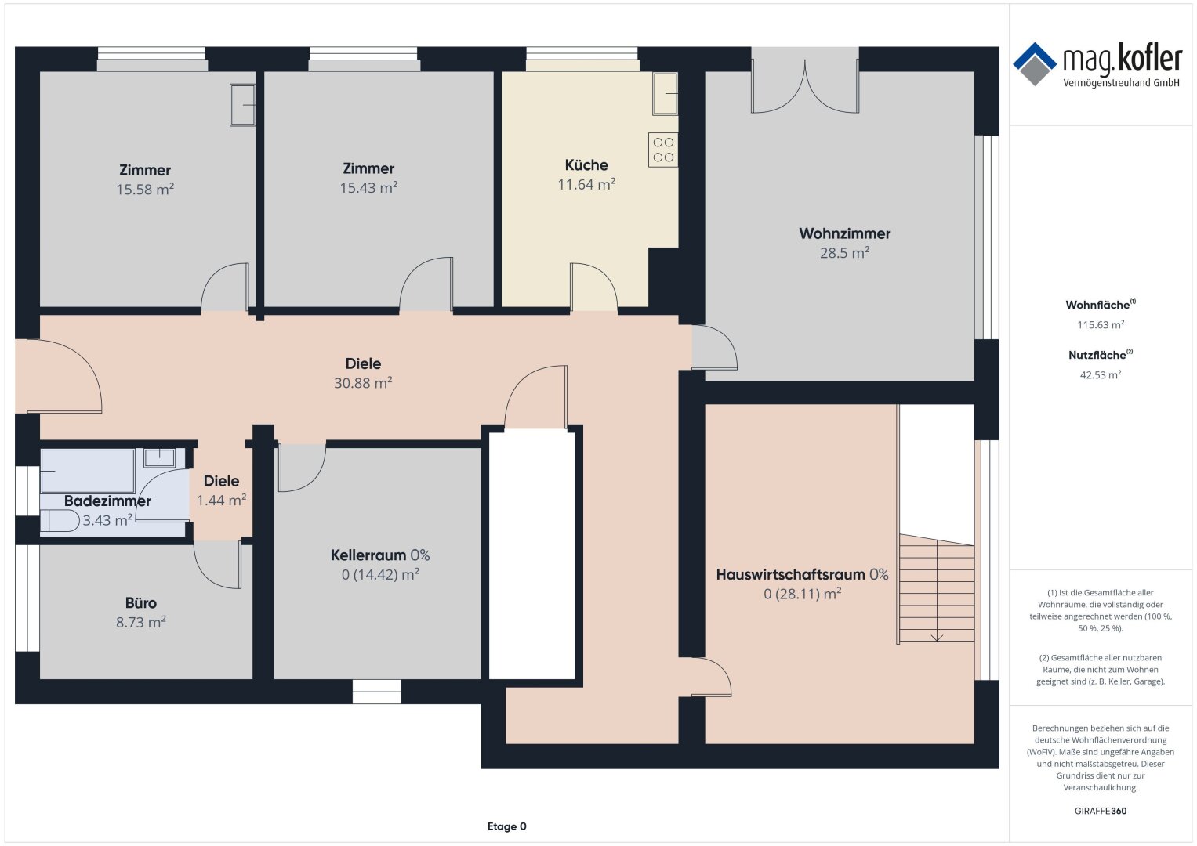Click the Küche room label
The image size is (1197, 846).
click(x=586, y=165)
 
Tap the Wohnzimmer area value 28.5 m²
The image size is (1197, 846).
click(x=844, y=252)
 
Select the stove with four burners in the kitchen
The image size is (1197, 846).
click(x=663, y=150)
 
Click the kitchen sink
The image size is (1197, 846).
click(x=666, y=93)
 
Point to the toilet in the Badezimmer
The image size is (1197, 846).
click(x=60, y=521)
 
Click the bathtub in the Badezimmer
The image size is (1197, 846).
click(x=87, y=471)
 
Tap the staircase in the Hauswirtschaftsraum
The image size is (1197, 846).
click(x=937, y=588)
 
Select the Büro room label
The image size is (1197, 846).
click(x=141, y=603)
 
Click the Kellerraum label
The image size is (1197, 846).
click(x=368, y=555)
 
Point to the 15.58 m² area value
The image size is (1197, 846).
click(x=145, y=190)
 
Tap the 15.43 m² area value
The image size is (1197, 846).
click(x=368, y=188)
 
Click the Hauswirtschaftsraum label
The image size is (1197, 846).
click(x=790, y=575)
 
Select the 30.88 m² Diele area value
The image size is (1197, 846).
click(x=364, y=383)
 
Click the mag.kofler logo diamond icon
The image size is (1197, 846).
click(x=1035, y=64)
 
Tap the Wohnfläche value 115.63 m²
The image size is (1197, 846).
click(x=1101, y=325)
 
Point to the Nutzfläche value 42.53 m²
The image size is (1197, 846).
click(x=1101, y=375)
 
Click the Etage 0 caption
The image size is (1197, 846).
click(x=506, y=826)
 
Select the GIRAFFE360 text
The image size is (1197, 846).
click(x=1101, y=811)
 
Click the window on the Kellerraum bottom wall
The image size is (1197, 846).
click(x=377, y=692)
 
